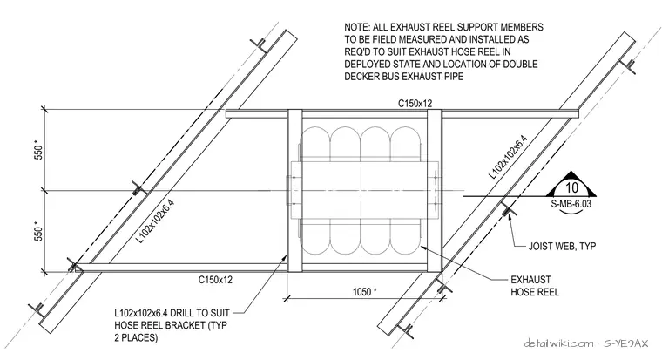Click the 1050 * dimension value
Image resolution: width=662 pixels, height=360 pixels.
364,291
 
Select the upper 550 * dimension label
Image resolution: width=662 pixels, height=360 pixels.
39,153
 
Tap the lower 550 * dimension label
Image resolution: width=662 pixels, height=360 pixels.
39,232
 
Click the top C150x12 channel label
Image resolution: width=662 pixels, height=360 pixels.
415,103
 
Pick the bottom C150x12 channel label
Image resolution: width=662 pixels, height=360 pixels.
215,280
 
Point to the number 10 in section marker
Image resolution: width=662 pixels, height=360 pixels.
571,187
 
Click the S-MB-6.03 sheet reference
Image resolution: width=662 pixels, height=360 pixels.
571,204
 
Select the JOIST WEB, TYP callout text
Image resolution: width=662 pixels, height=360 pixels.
562,246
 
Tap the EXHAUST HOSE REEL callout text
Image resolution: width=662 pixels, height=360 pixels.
535,286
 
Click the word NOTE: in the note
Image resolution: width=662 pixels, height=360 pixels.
357,28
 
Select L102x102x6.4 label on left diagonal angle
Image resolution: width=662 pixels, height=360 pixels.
155,221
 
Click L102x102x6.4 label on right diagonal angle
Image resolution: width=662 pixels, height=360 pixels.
509,158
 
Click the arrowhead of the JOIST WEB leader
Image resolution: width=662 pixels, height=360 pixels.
510,214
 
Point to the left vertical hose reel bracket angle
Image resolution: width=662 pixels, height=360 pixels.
294,191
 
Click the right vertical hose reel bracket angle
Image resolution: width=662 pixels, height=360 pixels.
435,191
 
